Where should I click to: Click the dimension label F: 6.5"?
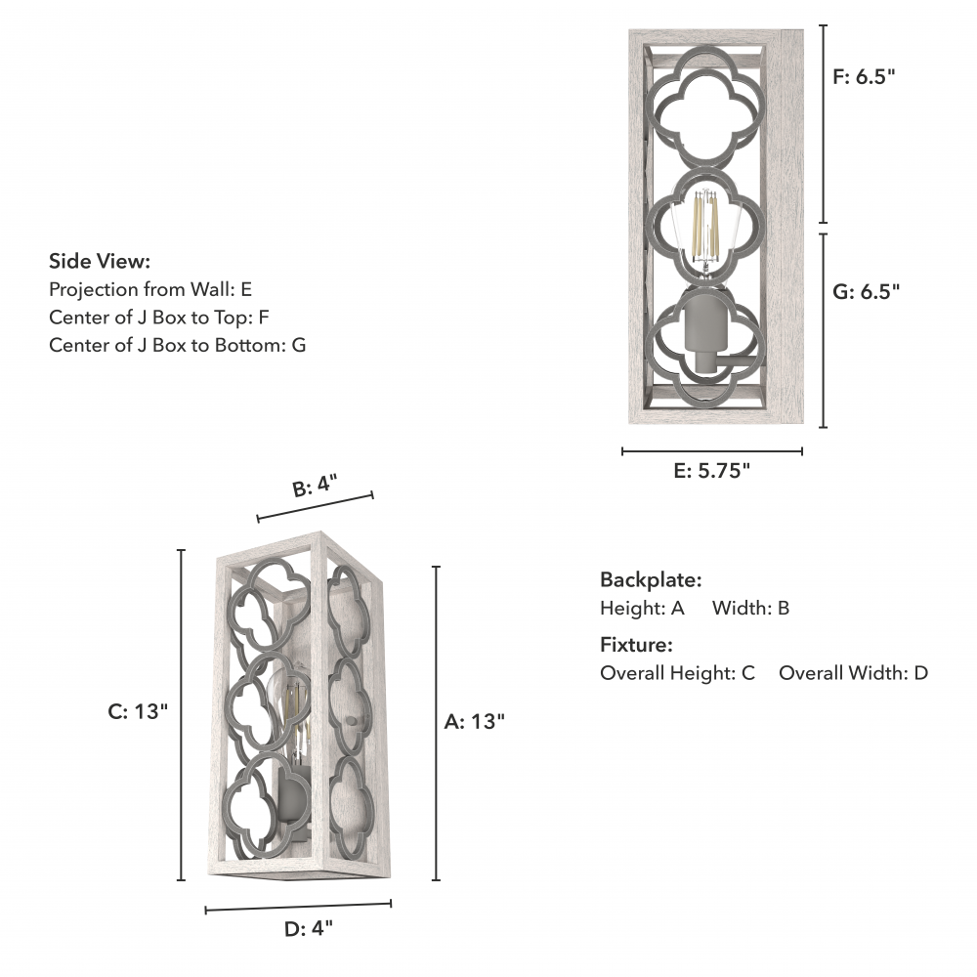click(864, 78)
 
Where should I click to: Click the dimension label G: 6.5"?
click(866, 290)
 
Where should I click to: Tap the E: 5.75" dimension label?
click(711, 471)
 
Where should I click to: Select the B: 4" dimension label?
click(314, 486)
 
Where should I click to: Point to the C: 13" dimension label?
click(138, 712)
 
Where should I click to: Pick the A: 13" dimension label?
click(474, 722)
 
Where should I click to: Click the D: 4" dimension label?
click(308, 928)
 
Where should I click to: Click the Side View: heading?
click(100, 261)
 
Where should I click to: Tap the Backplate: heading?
click(651, 579)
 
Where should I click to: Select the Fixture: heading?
click(636, 645)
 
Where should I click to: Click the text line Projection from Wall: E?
click(150, 289)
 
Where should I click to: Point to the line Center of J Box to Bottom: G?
click(177, 344)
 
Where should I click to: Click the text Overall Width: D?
click(853, 672)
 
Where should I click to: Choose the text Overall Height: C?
click(677, 672)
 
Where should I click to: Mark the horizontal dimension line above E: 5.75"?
click(711, 451)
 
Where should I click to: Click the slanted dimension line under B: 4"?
click(315, 507)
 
